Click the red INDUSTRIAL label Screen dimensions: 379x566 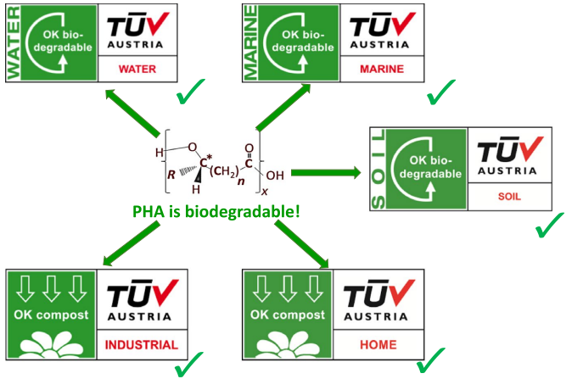pyautogui.click(x=141, y=345)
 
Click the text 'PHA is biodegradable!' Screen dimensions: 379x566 pyautogui.click(x=216, y=209)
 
